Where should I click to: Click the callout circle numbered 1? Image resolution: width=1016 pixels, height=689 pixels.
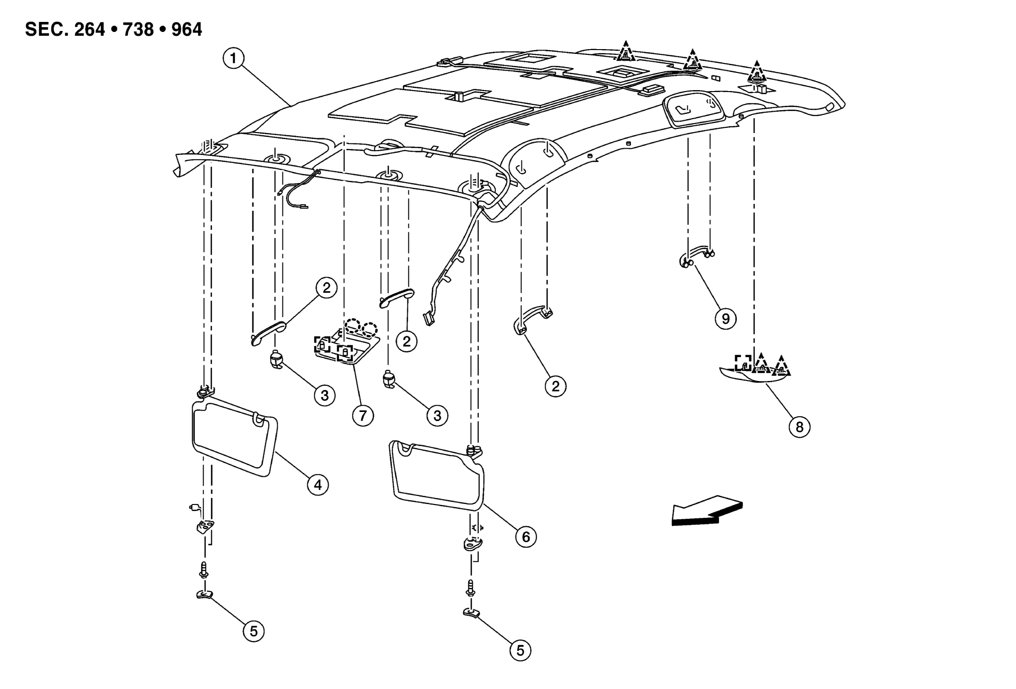tap(233, 59)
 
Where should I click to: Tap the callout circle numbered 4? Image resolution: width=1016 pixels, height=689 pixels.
tap(318, 485)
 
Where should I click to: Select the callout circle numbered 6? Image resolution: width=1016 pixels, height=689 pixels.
tap(526, 537)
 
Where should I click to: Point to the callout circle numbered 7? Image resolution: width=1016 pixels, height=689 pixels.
tap(363, 416)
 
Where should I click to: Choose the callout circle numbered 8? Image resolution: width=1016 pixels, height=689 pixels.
tap(799, 426)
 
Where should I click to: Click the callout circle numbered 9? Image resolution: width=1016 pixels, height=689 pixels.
tap(726, 319)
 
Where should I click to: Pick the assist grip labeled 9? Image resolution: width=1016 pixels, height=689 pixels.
tap(697, 256)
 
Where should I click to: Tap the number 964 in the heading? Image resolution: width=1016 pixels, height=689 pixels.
tap(187, 30)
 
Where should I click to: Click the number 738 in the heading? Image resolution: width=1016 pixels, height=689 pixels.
tap(138, 30)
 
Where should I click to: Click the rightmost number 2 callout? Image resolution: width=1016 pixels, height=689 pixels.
tap(556, 386)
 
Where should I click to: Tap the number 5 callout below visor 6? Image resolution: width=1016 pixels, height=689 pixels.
tap(520, 650)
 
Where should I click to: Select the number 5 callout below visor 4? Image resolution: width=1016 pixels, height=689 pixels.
tap(253, 631)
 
